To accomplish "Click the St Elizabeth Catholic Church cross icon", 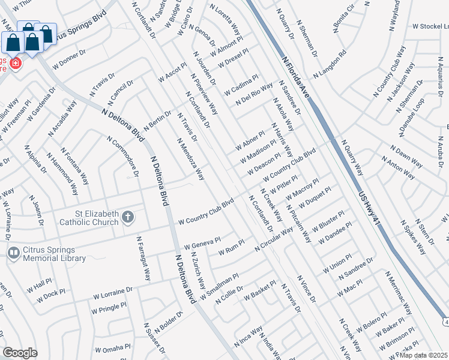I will point(127,217).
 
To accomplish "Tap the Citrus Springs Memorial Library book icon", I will point(13,254).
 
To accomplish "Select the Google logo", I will point(20,353).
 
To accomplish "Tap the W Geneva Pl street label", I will point(203,242).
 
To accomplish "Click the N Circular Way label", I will point(274,239).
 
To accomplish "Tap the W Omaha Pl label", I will point(113,348).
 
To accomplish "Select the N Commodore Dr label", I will point(123,157).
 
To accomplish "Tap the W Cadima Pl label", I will point(241,85).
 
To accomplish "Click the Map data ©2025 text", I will point(423,355).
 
